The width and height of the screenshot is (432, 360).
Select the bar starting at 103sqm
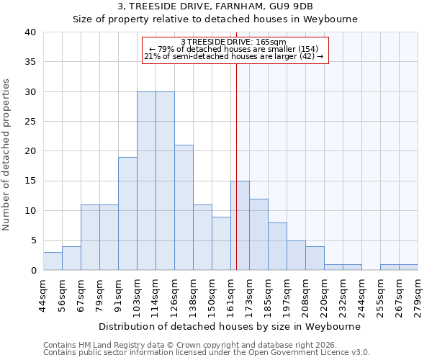pos(146,181)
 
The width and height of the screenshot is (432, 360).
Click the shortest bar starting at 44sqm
pos(53,261)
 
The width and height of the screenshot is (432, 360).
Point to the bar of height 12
pos(258,235)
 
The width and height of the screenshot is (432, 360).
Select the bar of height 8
pos(277,246)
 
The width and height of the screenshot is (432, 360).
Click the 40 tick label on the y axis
pos(30,32)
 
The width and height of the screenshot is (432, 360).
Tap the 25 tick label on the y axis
pos(30,122)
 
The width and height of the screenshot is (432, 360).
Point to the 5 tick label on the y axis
pos(32,240)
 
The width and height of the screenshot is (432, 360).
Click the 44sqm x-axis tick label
pos(43,294)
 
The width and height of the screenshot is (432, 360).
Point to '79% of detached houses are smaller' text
pos(234,49)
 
